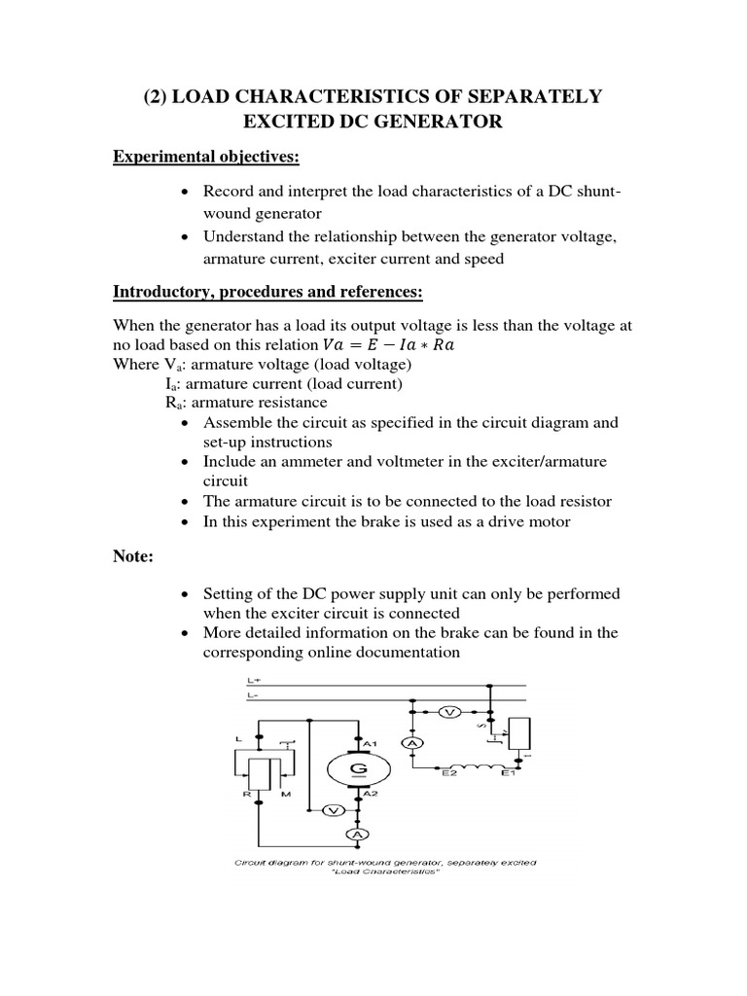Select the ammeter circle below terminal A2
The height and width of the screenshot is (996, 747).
coord(359,835)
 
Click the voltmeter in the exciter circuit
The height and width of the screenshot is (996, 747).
coord(449,712)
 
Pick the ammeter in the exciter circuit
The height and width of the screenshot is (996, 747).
coord(411,743)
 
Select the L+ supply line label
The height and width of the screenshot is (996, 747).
coord(253,682)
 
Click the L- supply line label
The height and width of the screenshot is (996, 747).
coord(253,695)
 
